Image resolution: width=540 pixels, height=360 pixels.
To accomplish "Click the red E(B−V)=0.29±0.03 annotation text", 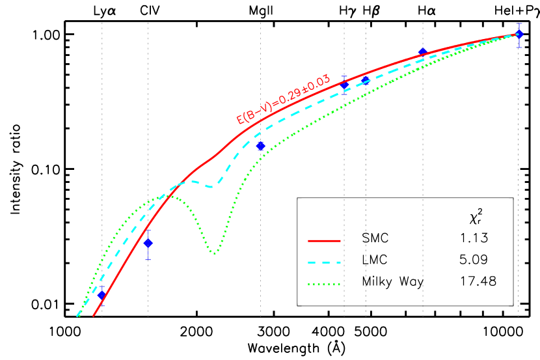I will (283, 99).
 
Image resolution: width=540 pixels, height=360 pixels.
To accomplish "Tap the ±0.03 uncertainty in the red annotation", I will (317, 83).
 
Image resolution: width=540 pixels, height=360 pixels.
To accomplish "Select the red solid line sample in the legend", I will (324, 241).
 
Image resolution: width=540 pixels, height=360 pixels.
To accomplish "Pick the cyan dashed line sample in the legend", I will (324, 263).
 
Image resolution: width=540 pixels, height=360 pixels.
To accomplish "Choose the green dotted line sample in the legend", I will (324, 284).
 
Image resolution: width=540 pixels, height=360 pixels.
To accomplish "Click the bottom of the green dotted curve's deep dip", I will (214, 253).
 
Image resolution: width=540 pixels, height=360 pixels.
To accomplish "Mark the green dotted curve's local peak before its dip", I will (160, 197).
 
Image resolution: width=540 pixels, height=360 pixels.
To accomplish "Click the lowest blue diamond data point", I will (101, 295).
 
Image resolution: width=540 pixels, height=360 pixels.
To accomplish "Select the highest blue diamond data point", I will (519, 34).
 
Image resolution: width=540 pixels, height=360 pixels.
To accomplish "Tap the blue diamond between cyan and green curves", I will (261, 146).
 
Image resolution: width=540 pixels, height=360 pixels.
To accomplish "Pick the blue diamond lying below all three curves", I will (148, 243).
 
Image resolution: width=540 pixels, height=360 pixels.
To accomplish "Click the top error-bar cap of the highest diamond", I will (519, 23).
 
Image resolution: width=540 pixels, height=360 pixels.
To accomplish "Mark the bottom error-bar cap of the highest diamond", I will (519, 47).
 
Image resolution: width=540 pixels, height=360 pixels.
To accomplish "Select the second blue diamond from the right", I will (422, 52).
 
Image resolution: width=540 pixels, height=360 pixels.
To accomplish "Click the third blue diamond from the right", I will (366, 80).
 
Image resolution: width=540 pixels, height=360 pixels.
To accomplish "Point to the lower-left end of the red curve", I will (94, 316).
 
